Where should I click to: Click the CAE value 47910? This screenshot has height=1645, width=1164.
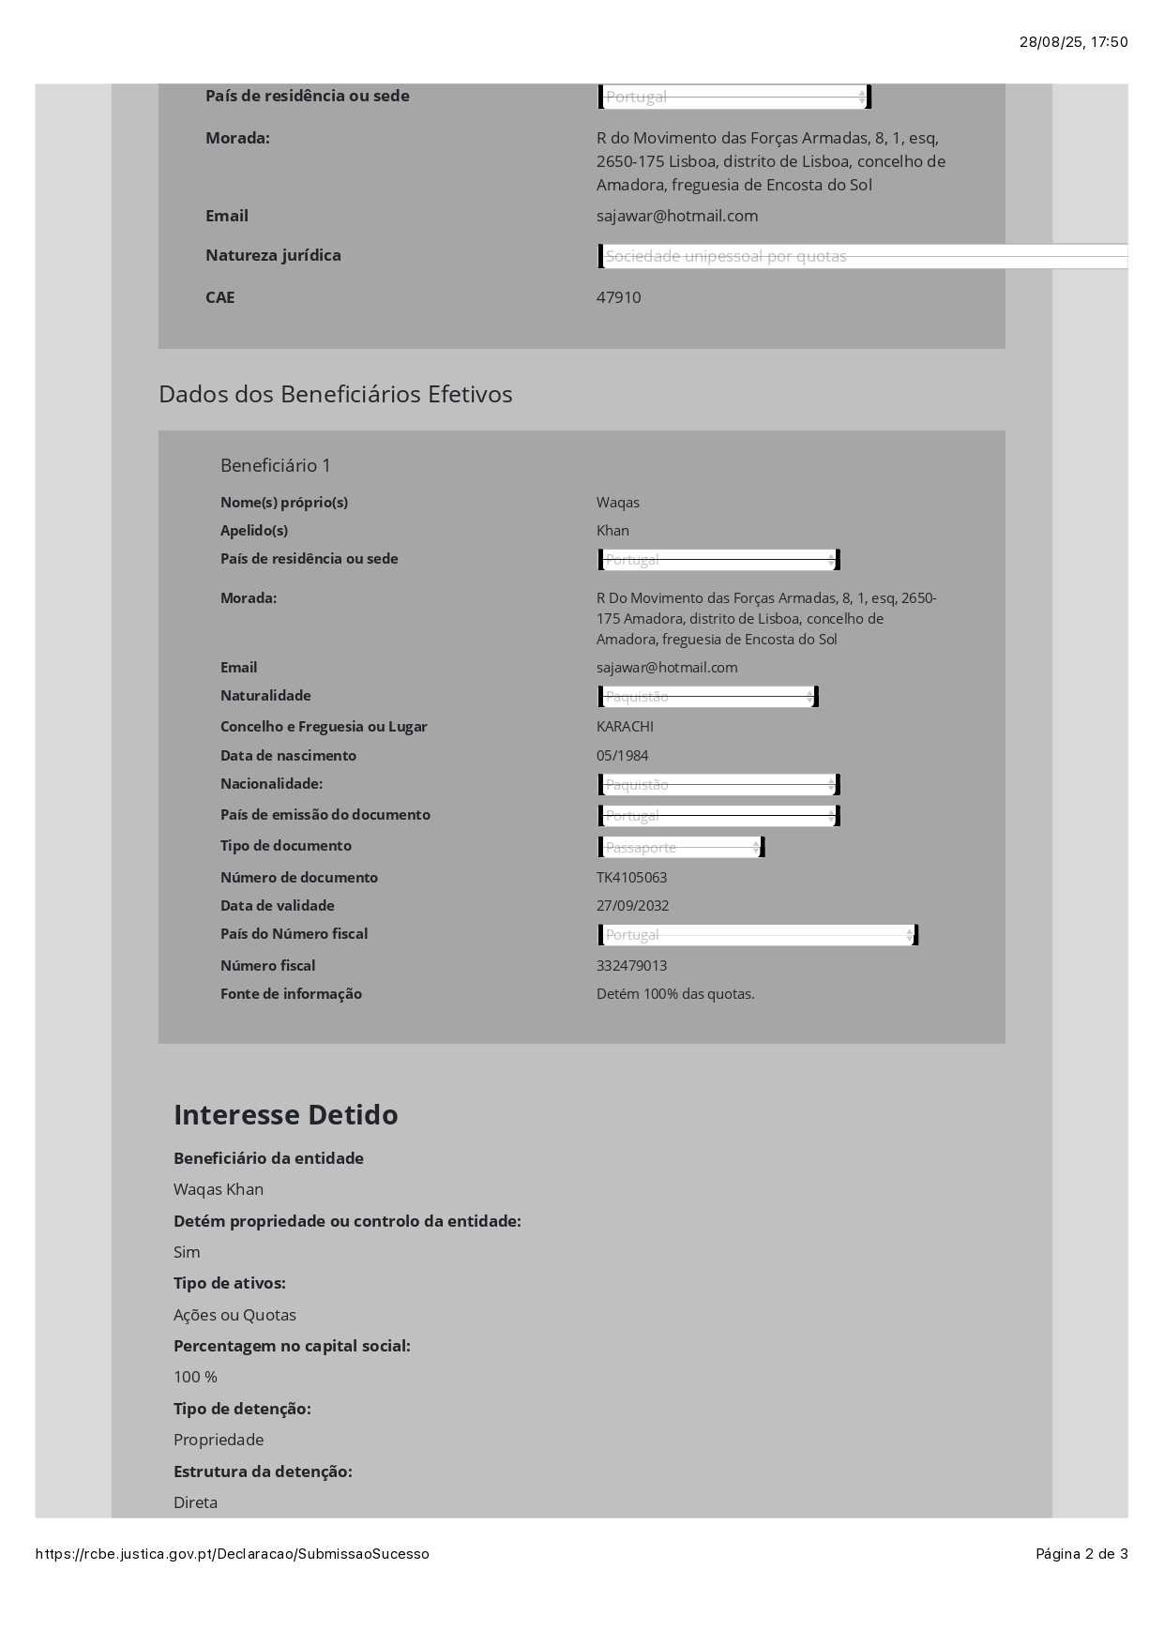pyautogui.click(x=618, y=297)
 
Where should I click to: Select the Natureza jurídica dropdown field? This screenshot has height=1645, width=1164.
pyautogui.click(x=863, y=256)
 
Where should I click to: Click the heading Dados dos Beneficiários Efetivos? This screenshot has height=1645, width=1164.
pyautogui.click(x=335, y=394)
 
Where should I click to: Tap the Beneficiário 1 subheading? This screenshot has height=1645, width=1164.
pyautogui.click(x=276, y=465)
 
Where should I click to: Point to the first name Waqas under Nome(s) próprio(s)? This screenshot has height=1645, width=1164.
pyautogui.click(x=618, y=503)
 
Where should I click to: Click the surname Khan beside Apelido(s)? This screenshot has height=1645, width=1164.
pyautogui.click(x=612, y=531)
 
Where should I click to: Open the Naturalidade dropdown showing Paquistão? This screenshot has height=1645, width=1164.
pyautogui.click(x=708, y=697)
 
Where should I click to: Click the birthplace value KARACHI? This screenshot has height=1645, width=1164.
pyautogui.click(x=625, y=727)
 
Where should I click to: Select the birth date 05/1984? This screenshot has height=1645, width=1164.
pyautogui.click(x=622, y=756)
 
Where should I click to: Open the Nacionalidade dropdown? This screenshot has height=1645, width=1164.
pyautogui.click(x=718, y=785)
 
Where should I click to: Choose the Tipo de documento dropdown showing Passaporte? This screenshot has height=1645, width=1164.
pyautogui.click(x=681, y=848)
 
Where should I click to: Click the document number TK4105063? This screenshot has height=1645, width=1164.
pyautogui.click(x=631, y=878)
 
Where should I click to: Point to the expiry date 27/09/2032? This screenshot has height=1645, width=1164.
pyautogui.click(x=632, y=906)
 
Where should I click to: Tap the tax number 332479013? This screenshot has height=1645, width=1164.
pyautogui.click(x=631, y=966)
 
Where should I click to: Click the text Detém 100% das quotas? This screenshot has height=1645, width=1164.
pyautogui.click(x=675, y=994)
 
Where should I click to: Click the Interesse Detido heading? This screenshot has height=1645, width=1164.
pyautogui.click(x=285, y=1115)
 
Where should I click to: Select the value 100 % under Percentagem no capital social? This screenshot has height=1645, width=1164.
pyautogui.click(x=195, y=1377)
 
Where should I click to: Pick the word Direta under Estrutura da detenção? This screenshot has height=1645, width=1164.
pyautogui.click(x=195, y=1502)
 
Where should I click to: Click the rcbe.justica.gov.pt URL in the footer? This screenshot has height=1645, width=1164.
pyautogui.click(x=232, y=1554)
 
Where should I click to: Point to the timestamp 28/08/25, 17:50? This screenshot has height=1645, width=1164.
pyautogui.click(x=1073, y=42)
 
